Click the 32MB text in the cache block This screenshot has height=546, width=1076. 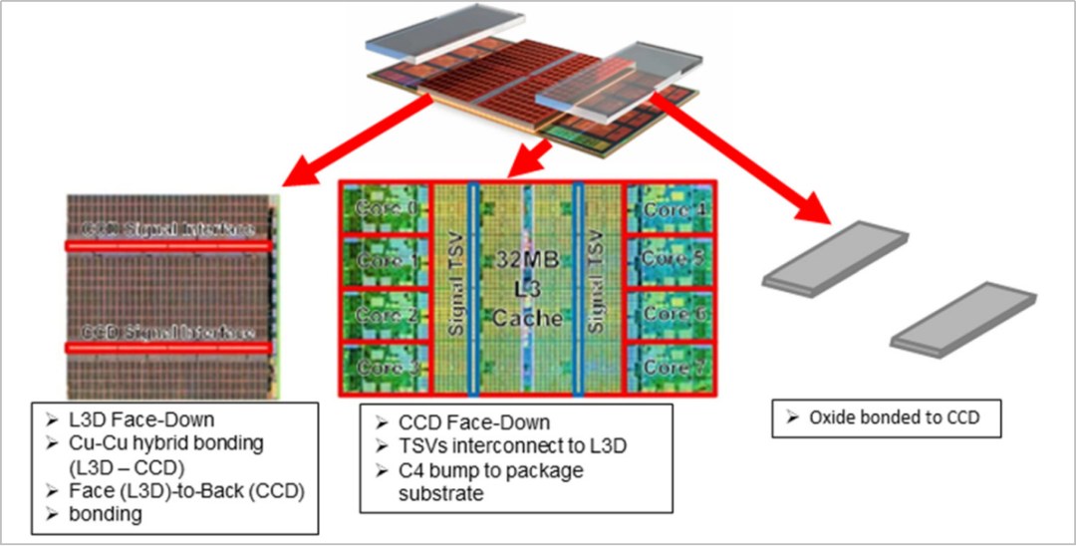click(523, 261)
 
